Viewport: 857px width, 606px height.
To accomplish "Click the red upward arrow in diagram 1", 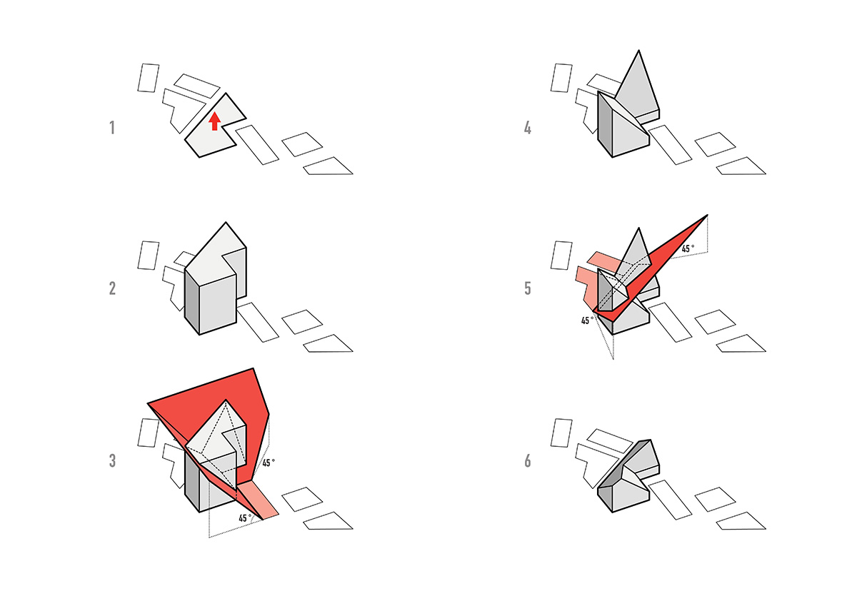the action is [x=215, y=121].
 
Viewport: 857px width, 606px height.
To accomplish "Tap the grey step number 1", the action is [x=112, y=128].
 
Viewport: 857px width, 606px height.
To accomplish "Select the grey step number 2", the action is [x=112, y=288].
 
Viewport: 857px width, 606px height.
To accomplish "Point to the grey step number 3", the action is [x=112, y=460].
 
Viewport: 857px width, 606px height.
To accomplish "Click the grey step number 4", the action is [x=528, y=128].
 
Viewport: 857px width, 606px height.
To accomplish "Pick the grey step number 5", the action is [x=528, y=288].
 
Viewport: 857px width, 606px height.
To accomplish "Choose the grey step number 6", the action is [x=528, y=461].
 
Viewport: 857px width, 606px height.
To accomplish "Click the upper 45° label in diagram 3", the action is [x=269, y=463].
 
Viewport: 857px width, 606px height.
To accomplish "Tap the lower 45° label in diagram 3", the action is [x=245, y=518].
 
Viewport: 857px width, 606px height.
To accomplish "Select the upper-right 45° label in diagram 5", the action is [x=688, y=248].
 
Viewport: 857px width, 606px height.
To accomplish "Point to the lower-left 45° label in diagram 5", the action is [x=588, y=320].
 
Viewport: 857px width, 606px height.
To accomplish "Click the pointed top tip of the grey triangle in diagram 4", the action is [x=638, y=51].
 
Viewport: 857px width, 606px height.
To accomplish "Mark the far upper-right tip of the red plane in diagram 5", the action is [x=708, y=215].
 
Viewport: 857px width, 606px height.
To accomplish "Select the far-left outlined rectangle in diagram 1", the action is [x=148, y=78].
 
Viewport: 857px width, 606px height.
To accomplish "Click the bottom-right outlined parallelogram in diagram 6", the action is [x=741, y=520].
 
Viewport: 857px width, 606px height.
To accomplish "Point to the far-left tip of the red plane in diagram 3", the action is [x=148, y=403].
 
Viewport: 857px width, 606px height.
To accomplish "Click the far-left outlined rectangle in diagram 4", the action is [x=561, y=78].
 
